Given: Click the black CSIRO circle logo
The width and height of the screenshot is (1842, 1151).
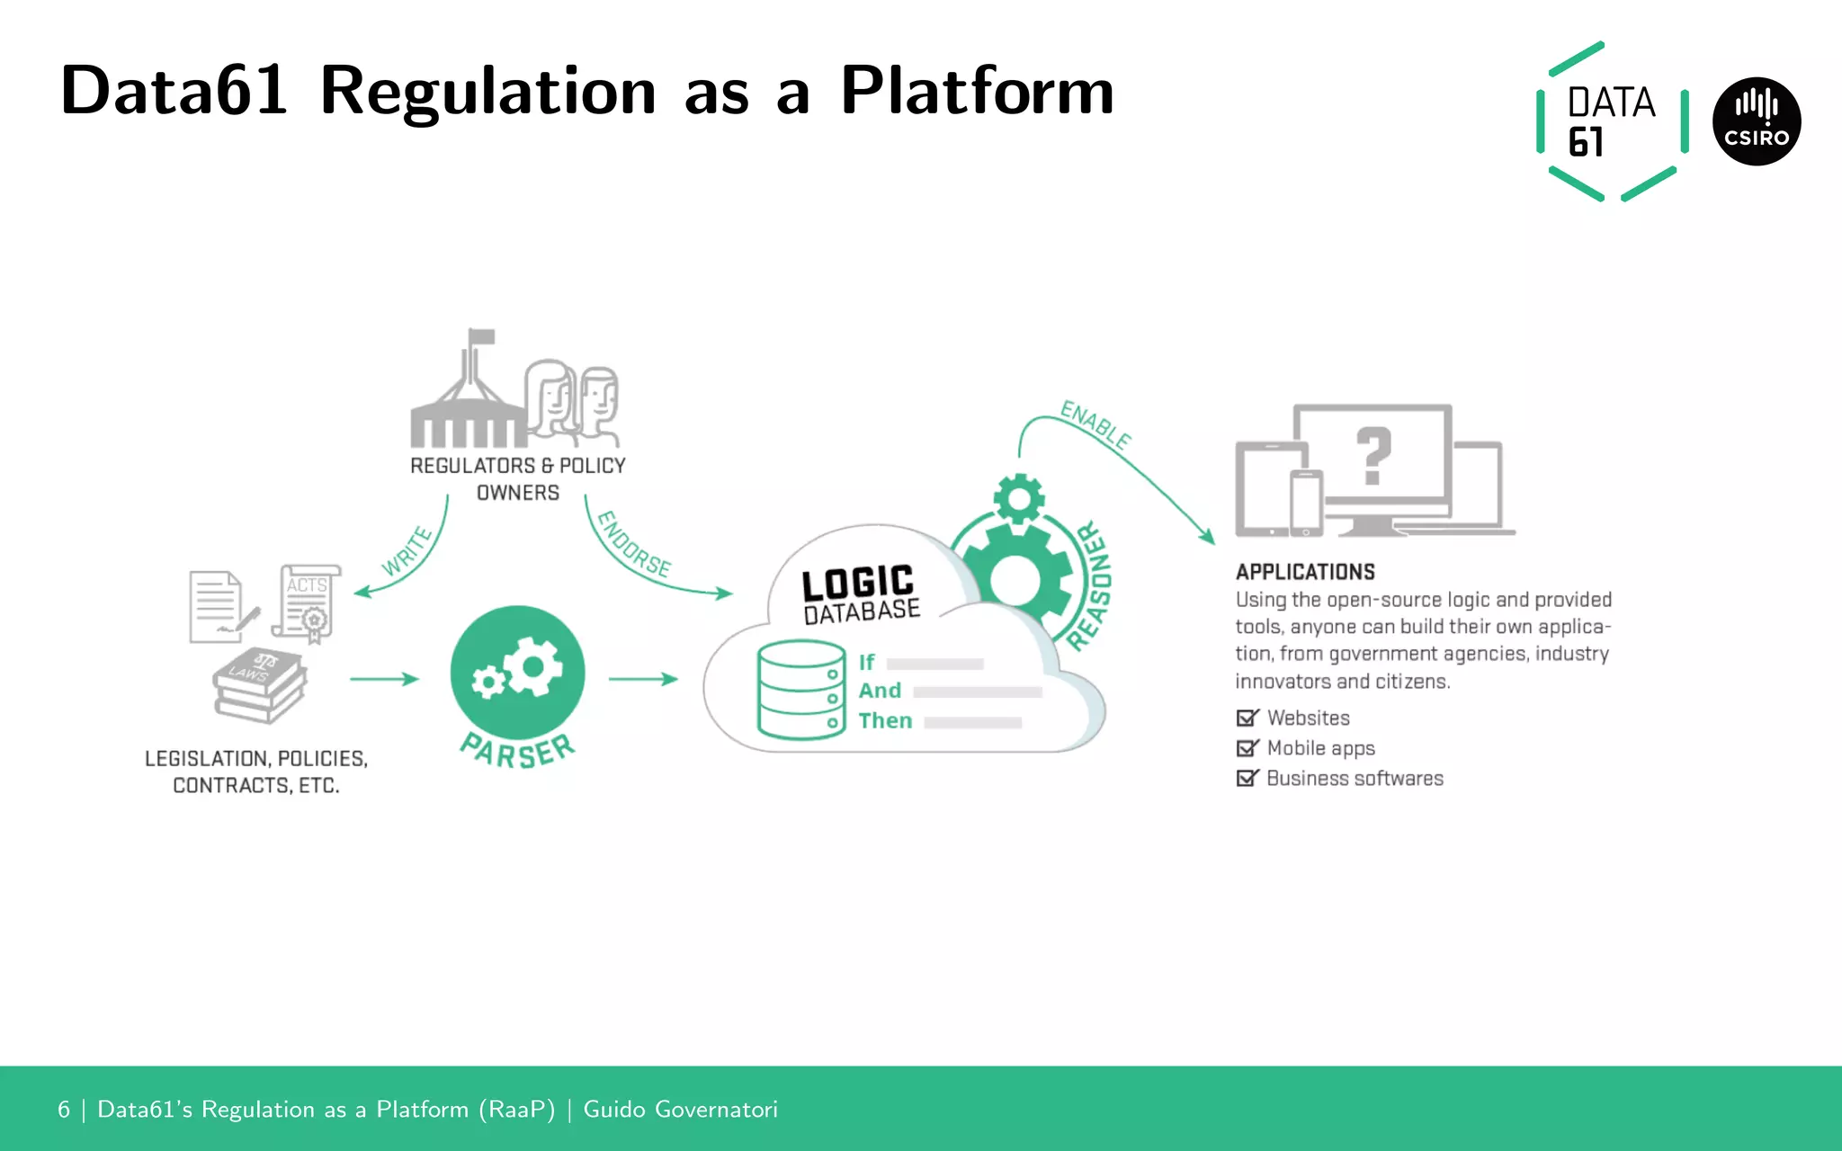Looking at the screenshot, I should pyautogui.click(x=1756, y=121).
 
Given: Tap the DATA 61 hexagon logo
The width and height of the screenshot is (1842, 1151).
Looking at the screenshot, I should pyautogui.click(x=1611, y=121).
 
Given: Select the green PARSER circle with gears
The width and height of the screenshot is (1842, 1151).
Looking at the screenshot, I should pyautogui.click(x=517, y=673).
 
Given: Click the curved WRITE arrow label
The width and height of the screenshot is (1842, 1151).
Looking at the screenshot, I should pyautogui.click(x=407, y=551).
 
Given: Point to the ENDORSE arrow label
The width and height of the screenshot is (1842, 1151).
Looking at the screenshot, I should pyautogui.click(x=634, y=545).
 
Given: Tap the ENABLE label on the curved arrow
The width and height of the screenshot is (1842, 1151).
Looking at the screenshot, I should pyautogui.click(x=1095, y=424).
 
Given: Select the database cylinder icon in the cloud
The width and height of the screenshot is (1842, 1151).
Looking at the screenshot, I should pyautogui.click(x=800, y=689).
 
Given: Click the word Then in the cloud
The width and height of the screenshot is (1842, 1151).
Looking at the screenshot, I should pyautogui.click(x=885, y=721).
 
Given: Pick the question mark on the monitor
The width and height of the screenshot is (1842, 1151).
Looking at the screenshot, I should pyautogui.click(x=1373, y=456).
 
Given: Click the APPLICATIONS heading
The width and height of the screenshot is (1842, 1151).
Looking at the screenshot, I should pyautogui.click(x=1305, y=572).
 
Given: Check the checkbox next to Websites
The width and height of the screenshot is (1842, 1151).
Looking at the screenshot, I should pyautogui.click(x=1247, y=718).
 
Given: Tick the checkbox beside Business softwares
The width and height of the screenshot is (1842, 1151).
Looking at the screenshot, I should pyautogui.click(x=1247, y=778).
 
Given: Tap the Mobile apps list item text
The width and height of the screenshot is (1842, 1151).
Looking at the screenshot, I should pyautogui.click(x=1320, y=748).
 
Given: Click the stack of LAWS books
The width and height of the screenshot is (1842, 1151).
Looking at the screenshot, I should pyautogui.click(x=259, y=685).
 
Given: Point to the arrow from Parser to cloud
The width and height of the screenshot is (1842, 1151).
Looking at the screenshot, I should pyautogui.click(x=642, y=679).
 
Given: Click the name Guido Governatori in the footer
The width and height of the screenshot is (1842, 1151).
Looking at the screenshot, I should pyautogui.click(x=680, y=1110).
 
